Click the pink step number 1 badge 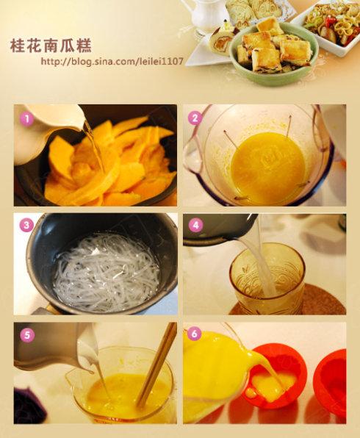(26, 119)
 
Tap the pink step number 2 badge (195, 118)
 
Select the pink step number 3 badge (26, 225)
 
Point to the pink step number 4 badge (195, 225)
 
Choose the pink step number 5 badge (26, 335)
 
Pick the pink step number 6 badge (195, 334)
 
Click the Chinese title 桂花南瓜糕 (51, 46)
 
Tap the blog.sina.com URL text (112, 61)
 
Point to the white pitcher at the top (206, 15)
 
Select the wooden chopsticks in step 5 (156, 363)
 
